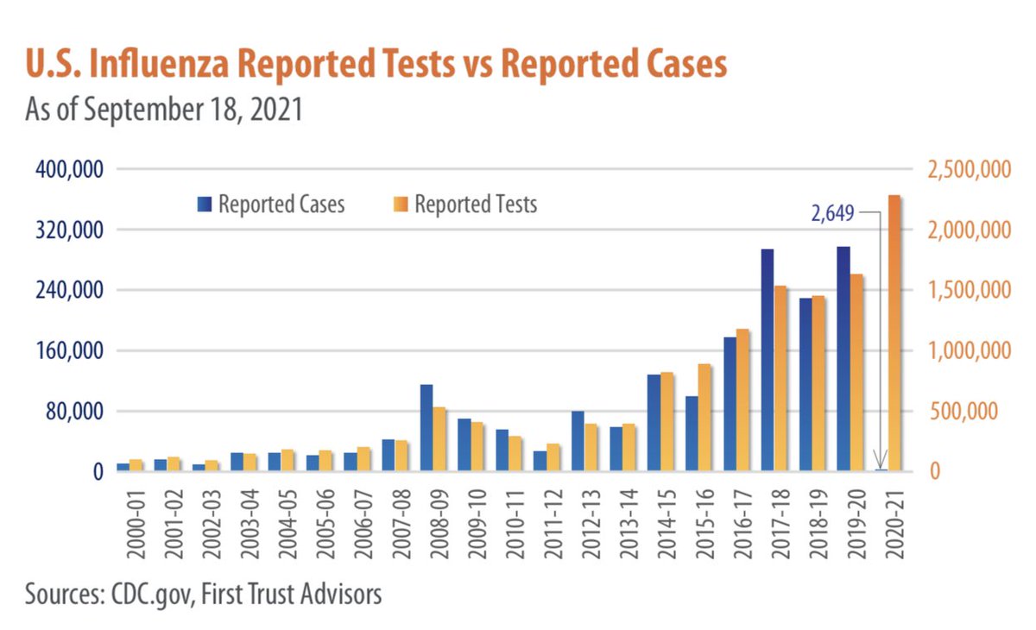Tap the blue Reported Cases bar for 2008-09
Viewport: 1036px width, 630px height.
[426, 428]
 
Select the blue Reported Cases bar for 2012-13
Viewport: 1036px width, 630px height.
[578, 441]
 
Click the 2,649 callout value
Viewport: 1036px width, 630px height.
[831, 213]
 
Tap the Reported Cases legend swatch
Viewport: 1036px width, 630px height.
[204, 205]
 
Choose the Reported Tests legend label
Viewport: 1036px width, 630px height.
[476, 205]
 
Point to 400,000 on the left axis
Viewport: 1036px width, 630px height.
[69, 169]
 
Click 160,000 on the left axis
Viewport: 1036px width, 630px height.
[69, 351]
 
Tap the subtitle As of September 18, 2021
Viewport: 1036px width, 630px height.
[164, 111]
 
